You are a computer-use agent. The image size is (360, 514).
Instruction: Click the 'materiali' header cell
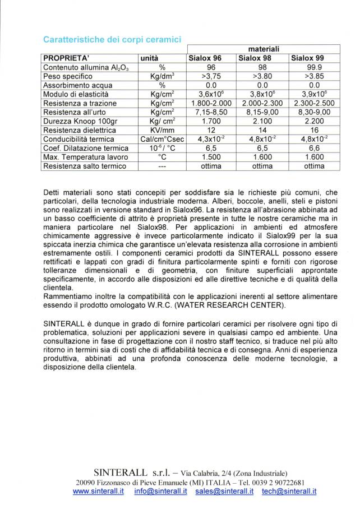coord(263,49)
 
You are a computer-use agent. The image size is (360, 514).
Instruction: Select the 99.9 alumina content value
coord(314,66)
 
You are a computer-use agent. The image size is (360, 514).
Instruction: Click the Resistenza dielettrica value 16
coord(314,130)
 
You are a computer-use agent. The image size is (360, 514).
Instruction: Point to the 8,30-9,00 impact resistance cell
coord(314,112)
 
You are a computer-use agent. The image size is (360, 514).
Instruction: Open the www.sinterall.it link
coord(98,491)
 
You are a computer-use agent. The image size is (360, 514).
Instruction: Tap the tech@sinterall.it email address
coord(289,491)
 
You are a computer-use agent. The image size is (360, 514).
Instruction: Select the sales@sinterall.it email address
coord(224,491)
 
